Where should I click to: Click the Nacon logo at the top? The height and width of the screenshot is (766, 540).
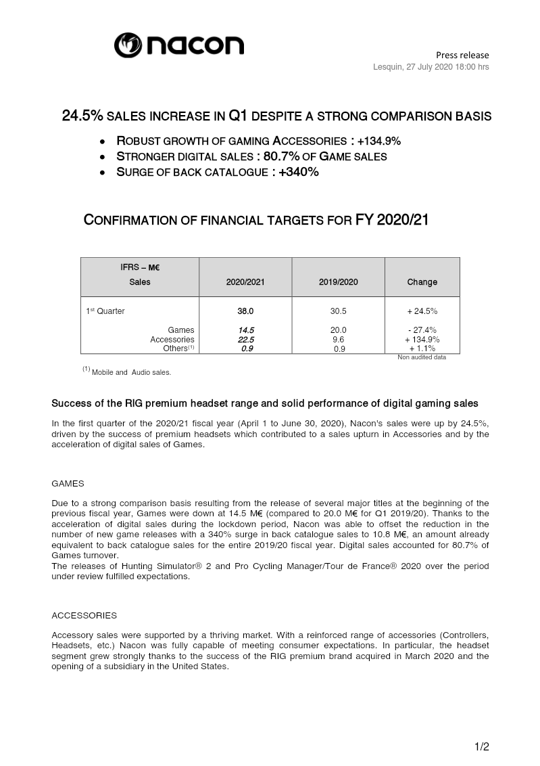pos(179,45)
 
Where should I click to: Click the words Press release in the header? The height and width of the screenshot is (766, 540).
pos(462,55)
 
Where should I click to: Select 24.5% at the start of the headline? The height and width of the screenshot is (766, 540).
pos(82,116)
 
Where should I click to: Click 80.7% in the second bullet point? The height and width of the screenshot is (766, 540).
pos(299,156)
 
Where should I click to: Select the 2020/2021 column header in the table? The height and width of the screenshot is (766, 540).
pos(245,282)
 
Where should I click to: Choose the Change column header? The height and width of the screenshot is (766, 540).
pos(422,282)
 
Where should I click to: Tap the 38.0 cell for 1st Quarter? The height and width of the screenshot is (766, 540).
pos(245,311)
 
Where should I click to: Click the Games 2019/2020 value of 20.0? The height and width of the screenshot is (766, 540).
pos(338,330)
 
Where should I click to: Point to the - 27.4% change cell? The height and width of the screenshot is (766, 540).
pos(422,330)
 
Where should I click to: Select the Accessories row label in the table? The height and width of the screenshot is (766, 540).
pos(172,340)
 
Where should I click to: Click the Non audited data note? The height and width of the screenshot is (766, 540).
pos(421,357)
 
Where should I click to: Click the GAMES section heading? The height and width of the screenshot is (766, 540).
pos(68,484)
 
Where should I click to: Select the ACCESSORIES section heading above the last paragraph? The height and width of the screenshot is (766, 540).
pos(84,616)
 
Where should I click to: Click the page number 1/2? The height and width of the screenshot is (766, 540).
pos(481,746)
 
